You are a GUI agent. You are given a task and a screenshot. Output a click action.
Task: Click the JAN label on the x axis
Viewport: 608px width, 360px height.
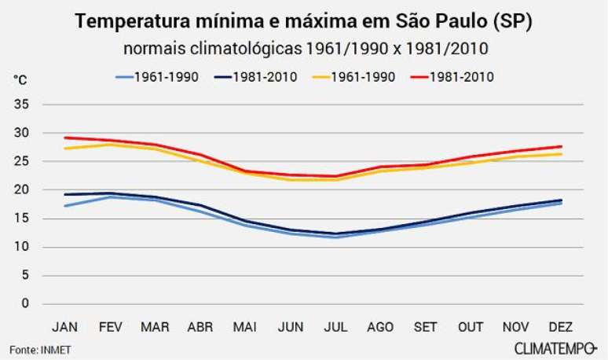64,326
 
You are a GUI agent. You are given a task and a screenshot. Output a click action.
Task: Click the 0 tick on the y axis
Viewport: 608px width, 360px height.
25,303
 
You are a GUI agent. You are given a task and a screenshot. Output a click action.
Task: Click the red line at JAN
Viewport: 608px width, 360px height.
65,138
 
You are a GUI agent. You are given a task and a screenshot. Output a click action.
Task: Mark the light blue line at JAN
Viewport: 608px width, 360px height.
65,206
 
